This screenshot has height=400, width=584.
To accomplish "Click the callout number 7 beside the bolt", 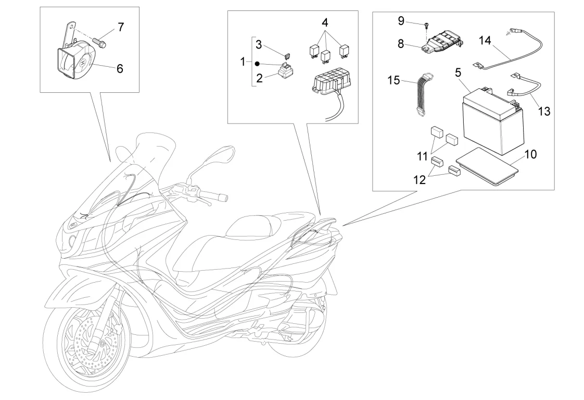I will click(121, 27).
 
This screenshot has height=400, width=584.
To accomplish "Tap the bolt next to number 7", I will click(99, 40).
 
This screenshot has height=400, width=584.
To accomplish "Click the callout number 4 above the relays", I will click(325, 23).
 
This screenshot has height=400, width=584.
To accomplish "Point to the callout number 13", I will click(543, 111).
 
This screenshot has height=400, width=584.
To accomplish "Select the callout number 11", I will click(422, 155).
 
